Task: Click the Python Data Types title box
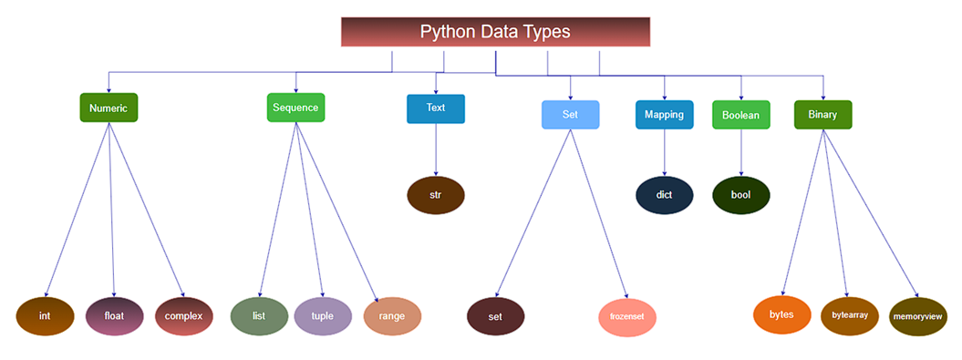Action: click(x=495, y=31)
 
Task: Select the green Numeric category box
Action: click(x=109, y=108)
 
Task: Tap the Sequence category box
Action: click(x=295, y=108)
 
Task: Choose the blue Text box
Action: click(x=436, y=108)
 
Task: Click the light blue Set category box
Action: click(x=570, y=115)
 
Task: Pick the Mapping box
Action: click(x=665, y=115)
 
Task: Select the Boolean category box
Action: click(x=740, y=115)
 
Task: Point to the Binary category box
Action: click(x=822, y=115)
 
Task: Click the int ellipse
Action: click(x=45, y=316)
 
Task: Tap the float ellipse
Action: click(x=114, y=316)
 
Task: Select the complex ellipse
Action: click(x=183, y=316)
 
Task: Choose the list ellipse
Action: click(x=259, y=316)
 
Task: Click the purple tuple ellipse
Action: click(x=323, y=316)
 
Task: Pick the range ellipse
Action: click(x=392, y=316)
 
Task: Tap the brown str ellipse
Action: click(x=435, y=195)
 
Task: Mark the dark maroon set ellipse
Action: click(x=496, y=316)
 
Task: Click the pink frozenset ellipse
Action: click(x=627, y=316)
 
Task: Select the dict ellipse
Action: click(x=665, y=195)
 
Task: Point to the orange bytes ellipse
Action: click(x=781, y=314)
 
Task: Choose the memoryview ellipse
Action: click(x=918, y=316)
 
